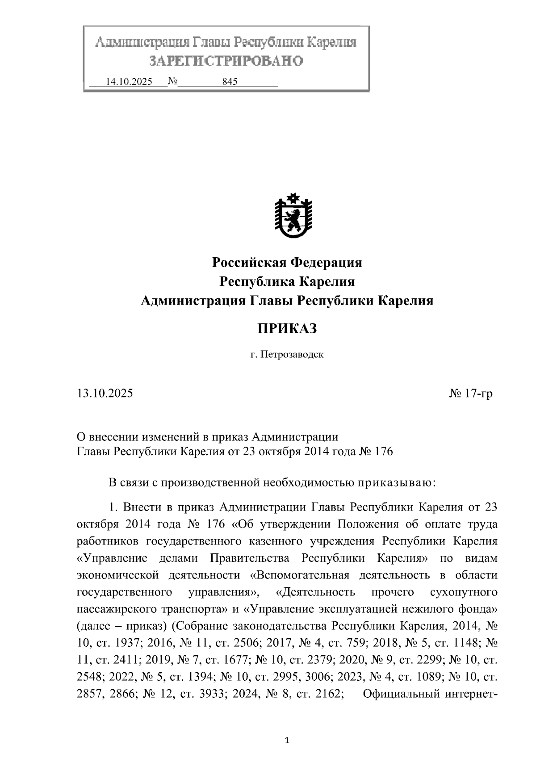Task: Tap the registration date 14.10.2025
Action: pos(129,82)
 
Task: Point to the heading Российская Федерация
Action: pos(287,262)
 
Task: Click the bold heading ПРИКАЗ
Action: pos(287,329)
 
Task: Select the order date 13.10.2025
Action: pos(105,394)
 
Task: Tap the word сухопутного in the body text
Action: pos(463,592)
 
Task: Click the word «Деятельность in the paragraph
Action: pos(316,592)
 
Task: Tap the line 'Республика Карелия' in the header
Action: pos(287,281)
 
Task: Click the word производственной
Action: pos(212,482)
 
